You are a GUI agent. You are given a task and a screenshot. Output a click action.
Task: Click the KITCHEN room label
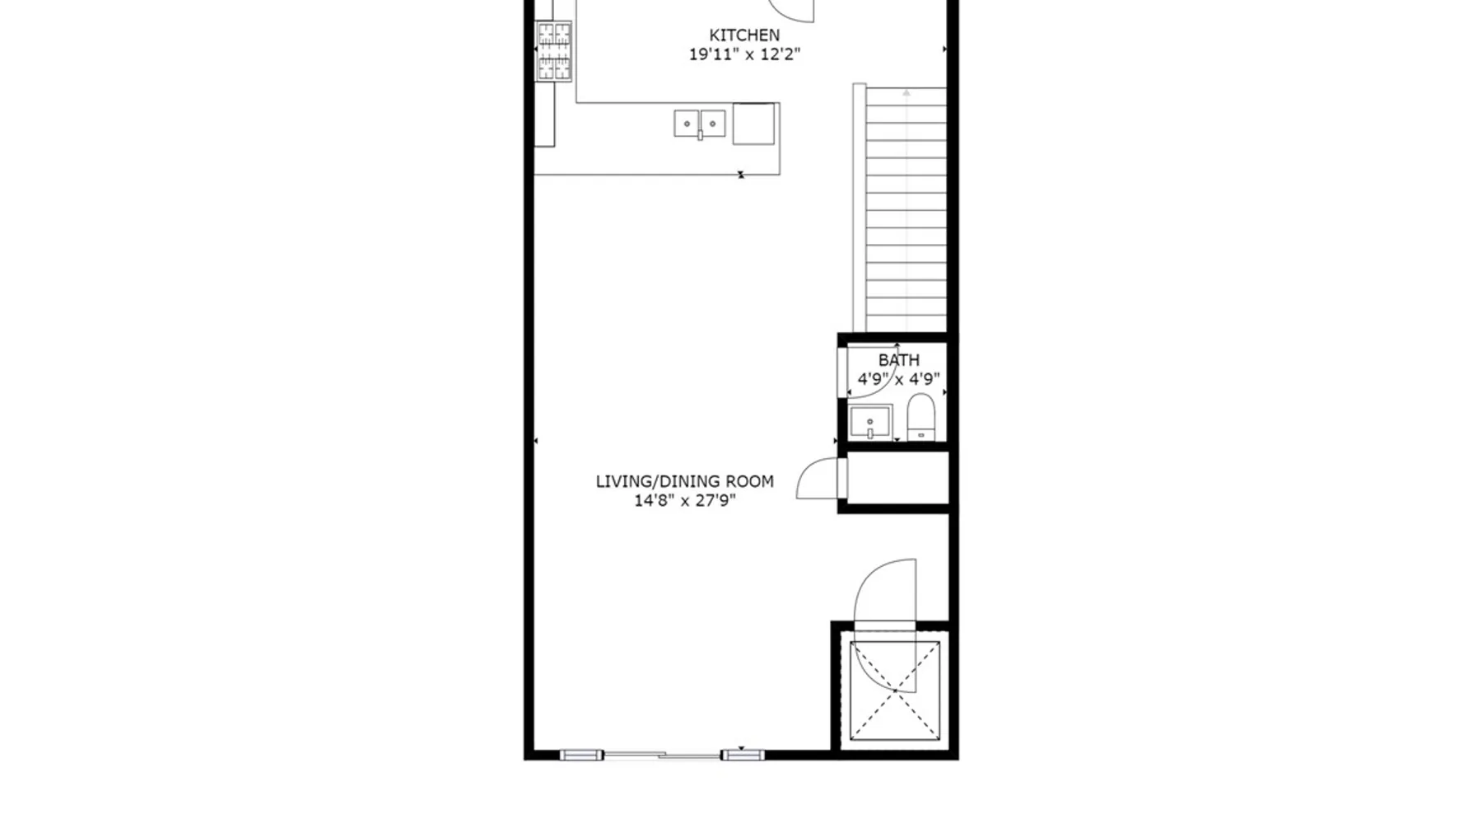point(744,35)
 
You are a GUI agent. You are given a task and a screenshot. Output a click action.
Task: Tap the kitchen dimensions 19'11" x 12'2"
point(744,55)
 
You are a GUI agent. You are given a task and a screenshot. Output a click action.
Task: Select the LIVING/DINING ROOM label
point(684,481)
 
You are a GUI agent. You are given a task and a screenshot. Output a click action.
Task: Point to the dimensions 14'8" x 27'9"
point(684,500)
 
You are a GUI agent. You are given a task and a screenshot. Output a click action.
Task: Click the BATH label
point(898,360)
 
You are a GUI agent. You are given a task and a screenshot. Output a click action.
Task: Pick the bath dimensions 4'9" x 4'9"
point(898,379)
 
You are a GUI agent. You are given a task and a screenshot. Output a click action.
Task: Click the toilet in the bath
point(920,417)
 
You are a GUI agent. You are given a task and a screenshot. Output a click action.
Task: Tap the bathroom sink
point(870,423)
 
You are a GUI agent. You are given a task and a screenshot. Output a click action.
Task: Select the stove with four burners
point(554,51)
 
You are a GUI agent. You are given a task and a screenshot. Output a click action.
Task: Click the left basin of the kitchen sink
point(687,124)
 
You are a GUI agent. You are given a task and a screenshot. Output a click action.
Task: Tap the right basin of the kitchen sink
point(713,124)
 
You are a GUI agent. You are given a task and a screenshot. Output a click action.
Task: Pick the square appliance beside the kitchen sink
point(753,124)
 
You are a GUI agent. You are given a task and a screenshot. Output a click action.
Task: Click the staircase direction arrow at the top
point(906,93)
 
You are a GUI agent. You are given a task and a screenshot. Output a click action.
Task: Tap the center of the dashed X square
point(894,691)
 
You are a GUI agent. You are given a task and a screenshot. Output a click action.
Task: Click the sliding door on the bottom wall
point(662,755)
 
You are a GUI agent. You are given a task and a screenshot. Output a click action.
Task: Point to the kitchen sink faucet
point(700,135)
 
